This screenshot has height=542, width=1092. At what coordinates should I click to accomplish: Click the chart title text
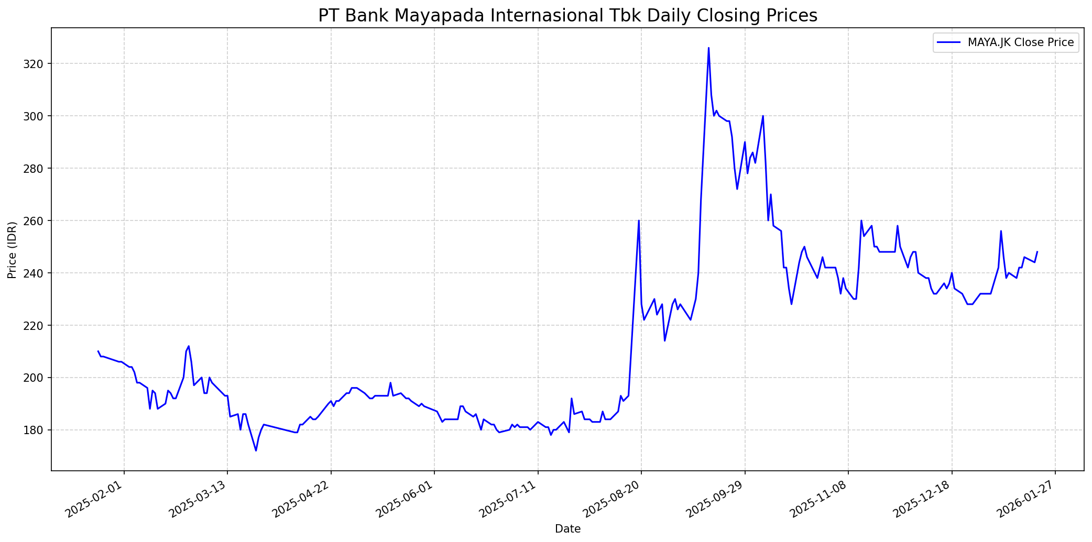(567, 16)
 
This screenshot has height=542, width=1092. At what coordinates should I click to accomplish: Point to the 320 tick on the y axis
(38, 64)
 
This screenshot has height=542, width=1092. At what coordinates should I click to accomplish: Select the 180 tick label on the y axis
(38, 430)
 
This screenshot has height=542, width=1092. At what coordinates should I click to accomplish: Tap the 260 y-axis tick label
(38, 221)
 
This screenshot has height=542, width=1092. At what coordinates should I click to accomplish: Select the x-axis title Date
(567, 529)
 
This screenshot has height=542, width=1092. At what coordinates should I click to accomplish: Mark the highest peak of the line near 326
(708, 48)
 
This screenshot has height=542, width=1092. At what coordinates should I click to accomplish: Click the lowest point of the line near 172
(256, 450)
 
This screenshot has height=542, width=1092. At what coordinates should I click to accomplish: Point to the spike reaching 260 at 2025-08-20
(639, 220)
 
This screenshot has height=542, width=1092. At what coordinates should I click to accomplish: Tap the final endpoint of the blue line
(1037, 252)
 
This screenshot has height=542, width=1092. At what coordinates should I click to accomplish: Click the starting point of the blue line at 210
(98, 351)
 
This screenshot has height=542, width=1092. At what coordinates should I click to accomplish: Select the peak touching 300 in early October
(763, 116)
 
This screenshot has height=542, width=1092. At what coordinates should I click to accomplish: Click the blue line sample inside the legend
(949, 42)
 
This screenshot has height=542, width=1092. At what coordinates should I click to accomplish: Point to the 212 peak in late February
(189, 346)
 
